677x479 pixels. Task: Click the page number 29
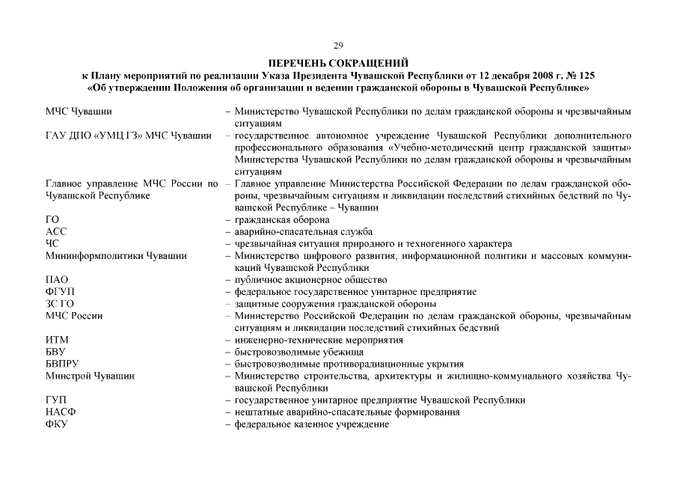[338, 46]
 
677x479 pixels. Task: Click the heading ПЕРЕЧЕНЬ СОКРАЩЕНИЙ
[338, 64]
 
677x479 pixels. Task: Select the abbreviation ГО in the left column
[52, 220]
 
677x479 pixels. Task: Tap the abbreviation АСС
[56, 232]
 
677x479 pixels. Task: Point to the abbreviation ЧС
[52, 244]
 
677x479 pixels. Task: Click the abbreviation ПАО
[58, 280]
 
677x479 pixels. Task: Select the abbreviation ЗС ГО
[60, 304]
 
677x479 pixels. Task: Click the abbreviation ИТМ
[58, 340]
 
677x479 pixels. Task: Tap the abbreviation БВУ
[57, 352]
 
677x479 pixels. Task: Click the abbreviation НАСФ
[61, 412]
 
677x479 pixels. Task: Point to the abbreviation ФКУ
[58, 424]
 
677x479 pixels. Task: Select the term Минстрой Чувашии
[91, 376]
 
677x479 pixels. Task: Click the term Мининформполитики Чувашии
[116, 256]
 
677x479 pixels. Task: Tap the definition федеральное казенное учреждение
[312, 424]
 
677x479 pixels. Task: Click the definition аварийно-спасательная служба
[303, 232]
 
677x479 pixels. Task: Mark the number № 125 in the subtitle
[582, 76]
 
